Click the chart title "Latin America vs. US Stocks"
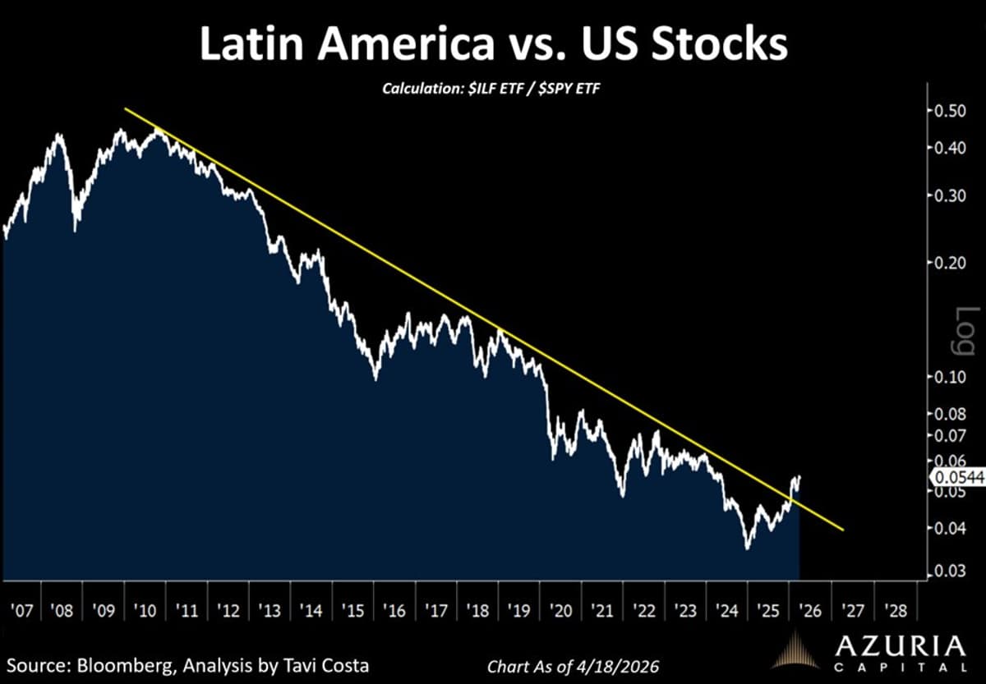click(493, 45)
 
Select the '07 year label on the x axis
click(21, 611)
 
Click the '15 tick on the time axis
click(353, 611)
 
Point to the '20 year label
click(561, 611)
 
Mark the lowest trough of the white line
click(747, 548)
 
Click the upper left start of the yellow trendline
click(125, 108)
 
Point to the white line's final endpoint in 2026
click(799, 475)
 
